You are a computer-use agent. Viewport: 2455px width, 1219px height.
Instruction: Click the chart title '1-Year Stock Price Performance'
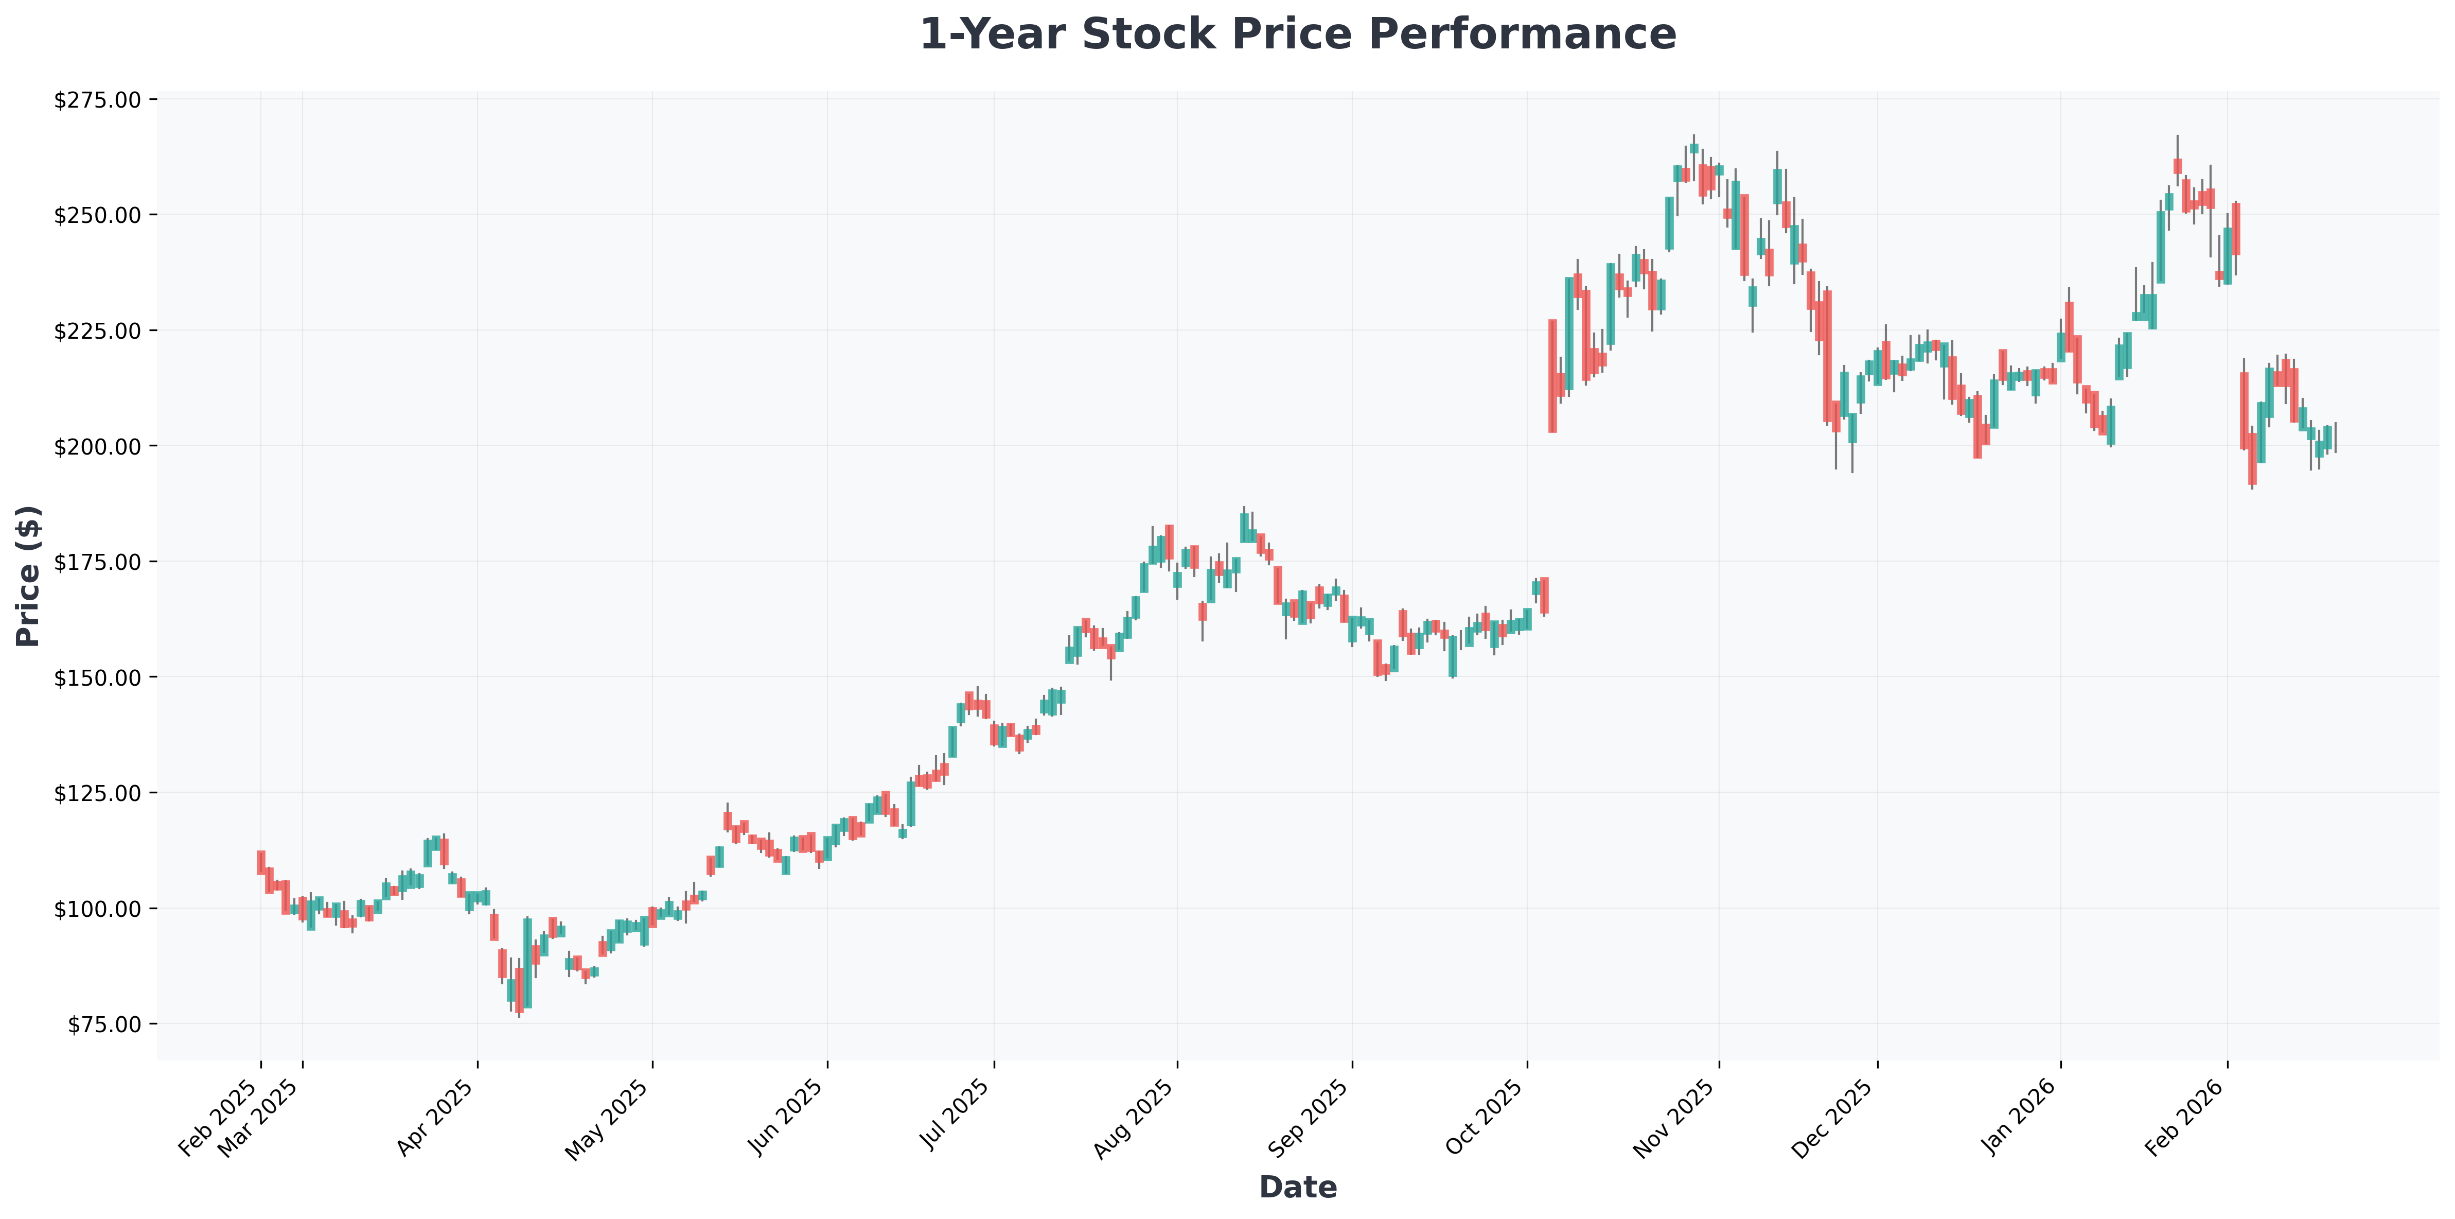tap(1297, 34)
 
